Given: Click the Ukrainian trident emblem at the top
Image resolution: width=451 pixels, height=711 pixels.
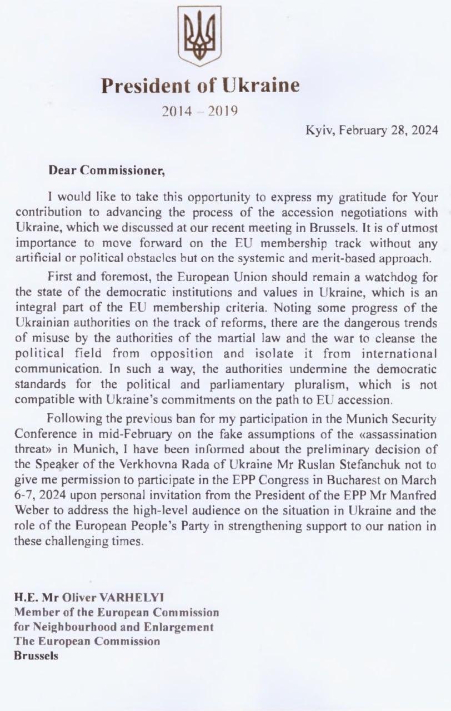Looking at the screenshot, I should pos(199,36).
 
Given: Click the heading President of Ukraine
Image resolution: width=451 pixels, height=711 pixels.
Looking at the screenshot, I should pos(200,85).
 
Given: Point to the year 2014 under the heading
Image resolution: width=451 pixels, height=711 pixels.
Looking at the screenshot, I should pos(177,111).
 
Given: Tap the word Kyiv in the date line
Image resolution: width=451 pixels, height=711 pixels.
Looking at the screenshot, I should pos(320,131).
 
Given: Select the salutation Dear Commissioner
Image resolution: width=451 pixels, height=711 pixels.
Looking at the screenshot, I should pos(107,171).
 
